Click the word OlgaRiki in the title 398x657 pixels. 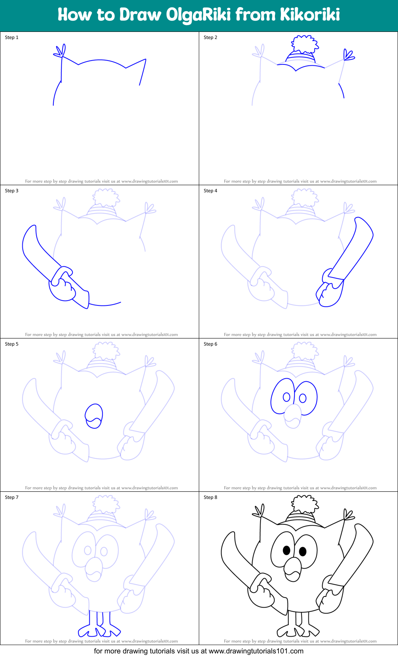[198, 15]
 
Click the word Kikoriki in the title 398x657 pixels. [310, 15]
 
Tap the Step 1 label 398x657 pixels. [12, 37]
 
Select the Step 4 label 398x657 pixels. [210, 191]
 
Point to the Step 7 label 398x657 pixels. [12, 497]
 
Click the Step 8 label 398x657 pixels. [210, 497]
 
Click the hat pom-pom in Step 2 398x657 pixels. [305, 44]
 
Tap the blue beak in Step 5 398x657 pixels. [94, 416]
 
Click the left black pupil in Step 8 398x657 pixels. [286, 550]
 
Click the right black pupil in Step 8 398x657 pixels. [303, 551]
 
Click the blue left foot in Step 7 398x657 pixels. [90, 630]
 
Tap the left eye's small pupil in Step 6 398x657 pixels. [286, 397]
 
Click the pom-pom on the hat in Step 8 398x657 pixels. [305, 504]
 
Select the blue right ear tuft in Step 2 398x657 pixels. [348, 55]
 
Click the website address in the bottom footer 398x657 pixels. [256, 651]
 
